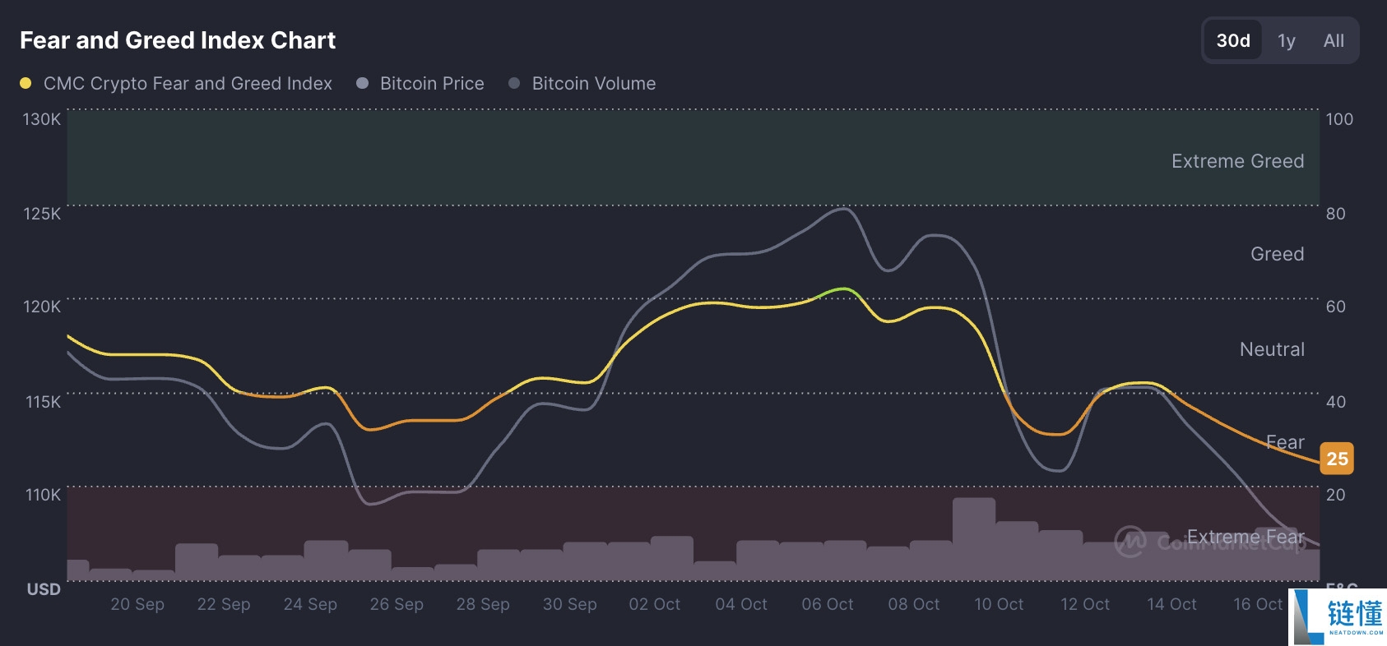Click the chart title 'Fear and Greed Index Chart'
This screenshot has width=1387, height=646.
tap(178, 40)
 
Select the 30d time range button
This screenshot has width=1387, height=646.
tap(1232, 40)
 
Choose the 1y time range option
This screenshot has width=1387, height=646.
tap(1286, 40)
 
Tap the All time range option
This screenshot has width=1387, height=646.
tap(1334, 40)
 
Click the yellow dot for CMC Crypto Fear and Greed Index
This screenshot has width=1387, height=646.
tap(26, 83)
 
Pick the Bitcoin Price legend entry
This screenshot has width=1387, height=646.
tap(431, 83)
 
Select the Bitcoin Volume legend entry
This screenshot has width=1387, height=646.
tap(593, 83)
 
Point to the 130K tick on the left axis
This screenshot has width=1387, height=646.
tap(41, 119)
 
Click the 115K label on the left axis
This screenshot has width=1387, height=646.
tap(43, 402)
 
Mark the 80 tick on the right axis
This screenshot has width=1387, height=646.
tap(1335, 214)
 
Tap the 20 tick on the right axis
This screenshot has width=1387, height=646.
tap(1335, 495)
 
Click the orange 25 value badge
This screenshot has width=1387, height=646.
tap(1337, 459)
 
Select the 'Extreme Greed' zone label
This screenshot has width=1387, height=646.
tap(1237, 161)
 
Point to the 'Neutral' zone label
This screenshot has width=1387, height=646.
tap(1272, 349)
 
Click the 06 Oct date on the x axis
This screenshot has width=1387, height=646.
tap(827, 604)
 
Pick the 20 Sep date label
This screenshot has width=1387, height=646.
tap(137, 604)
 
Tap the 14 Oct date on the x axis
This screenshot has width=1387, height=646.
tap(1171, 604)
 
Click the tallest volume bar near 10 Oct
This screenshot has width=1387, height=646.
tap(973, 538)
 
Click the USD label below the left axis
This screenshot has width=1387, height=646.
tap(44, 589)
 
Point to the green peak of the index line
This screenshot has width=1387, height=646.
tap(842, 288)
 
